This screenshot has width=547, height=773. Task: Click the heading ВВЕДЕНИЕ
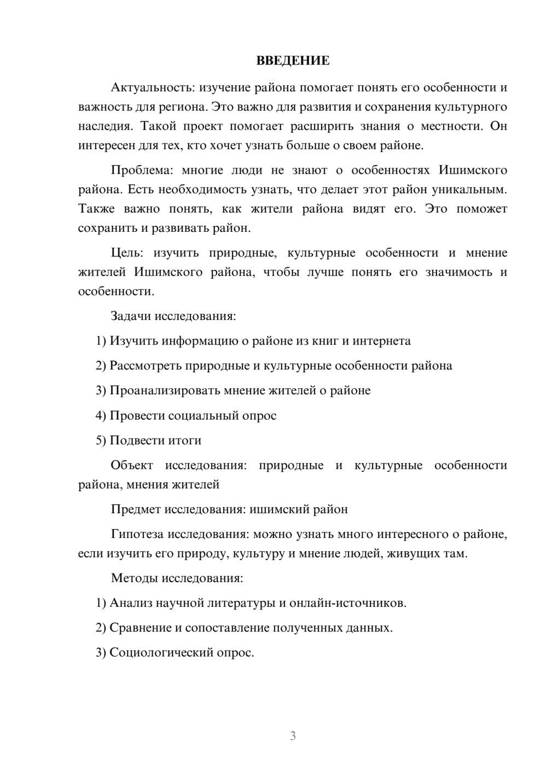(293, 61)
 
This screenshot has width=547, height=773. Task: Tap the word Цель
(126, 253)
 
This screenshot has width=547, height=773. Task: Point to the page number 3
(293, 736)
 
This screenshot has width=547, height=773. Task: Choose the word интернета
(381, 341)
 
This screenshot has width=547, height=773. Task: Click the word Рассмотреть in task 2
(146, 366)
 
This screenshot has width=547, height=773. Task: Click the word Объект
(132, 465)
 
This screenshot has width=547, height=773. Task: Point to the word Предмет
(135, 510)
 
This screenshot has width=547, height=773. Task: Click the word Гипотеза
(137, 534)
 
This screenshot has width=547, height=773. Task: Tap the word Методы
(133, 578)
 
